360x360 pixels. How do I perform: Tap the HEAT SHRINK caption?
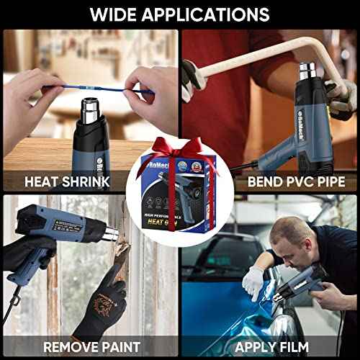(x=68, y=181)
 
